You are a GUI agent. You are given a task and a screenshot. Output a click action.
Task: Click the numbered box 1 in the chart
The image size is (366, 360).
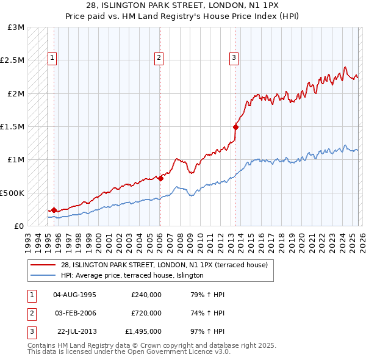[x=53, y=58]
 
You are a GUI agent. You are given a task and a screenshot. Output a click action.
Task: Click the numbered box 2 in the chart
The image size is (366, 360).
[x=159, y=58]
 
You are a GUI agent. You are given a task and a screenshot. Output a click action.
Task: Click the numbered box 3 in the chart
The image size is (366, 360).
[x=234, y=58]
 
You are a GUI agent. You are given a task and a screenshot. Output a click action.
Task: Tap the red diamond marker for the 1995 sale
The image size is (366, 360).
[x=54, y=210]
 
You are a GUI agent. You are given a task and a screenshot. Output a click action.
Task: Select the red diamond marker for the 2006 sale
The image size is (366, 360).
[x=160, y=179]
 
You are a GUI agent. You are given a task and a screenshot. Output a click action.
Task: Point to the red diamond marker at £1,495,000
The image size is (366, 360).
[x=235, y=128]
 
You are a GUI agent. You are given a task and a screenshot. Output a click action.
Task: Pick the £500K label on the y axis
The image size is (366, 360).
[x=13, y=193]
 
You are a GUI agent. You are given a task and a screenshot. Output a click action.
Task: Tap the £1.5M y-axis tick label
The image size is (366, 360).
[x=13, y=127]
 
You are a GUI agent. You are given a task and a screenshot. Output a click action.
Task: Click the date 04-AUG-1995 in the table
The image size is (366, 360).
[x=74, y=295]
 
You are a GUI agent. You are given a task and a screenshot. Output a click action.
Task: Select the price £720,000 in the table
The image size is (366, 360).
[x=146, y=313]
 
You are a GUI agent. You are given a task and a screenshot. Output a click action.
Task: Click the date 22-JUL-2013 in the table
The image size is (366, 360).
[x=76, y=331]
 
